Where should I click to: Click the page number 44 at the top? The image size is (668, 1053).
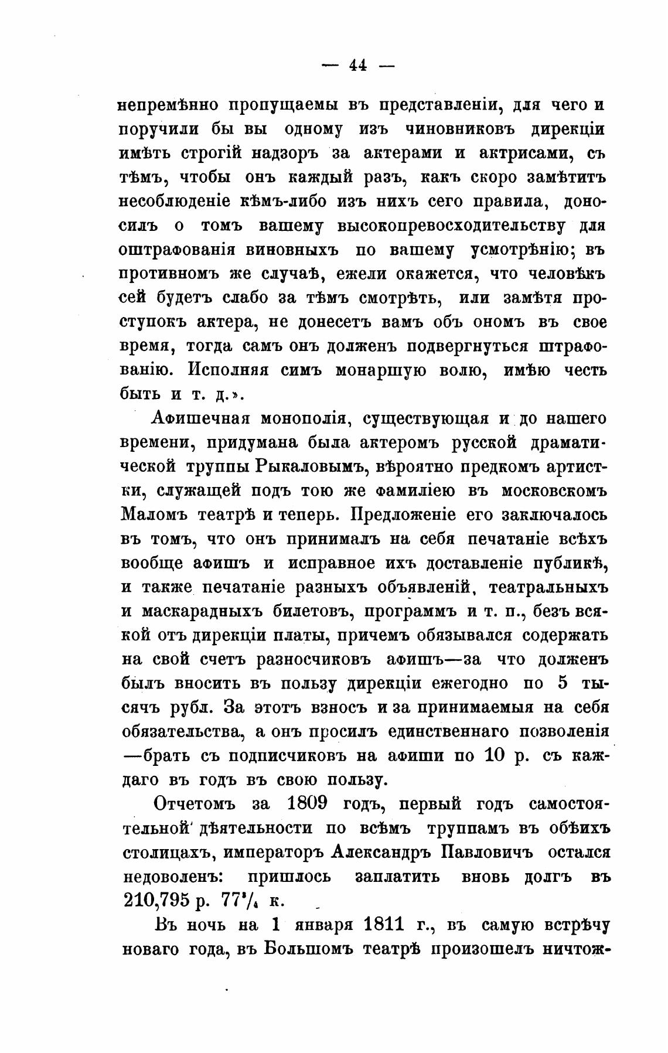click(358, 66)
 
